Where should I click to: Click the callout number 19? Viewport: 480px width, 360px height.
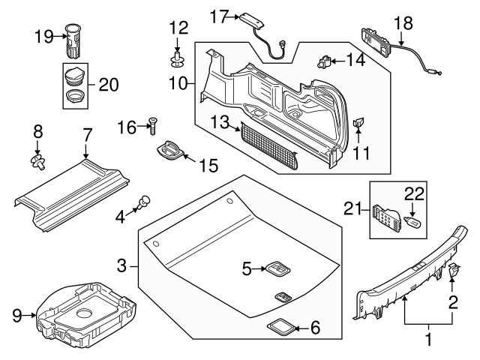click(x=43, y=34)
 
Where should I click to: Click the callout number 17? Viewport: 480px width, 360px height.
click(x=218, y=15)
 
